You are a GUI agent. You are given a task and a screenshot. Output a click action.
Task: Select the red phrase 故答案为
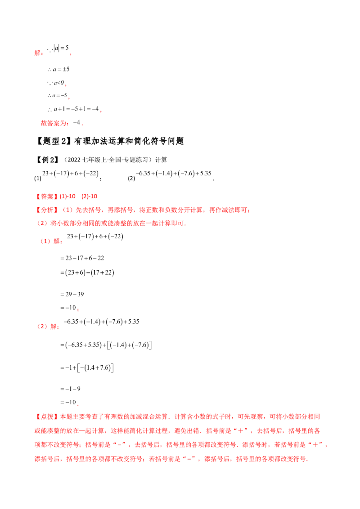point(54,124)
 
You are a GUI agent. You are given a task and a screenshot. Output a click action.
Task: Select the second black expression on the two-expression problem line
point(175,173)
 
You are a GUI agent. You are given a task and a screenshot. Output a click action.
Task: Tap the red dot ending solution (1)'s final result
point(78,310)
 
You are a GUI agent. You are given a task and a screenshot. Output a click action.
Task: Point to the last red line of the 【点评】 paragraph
point(171,460)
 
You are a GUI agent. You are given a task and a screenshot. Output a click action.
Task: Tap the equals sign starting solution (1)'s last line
point(60,308)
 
